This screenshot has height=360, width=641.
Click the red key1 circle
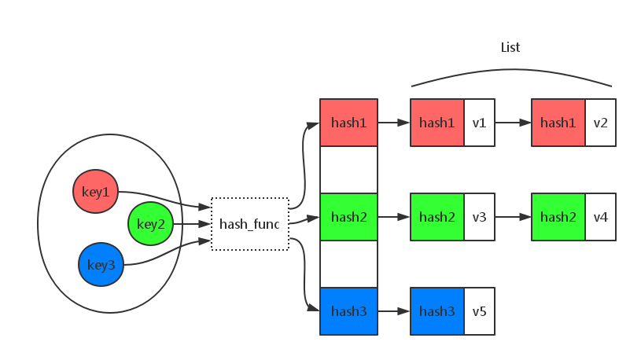(x=95, y=192)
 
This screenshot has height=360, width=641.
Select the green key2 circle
(x=150, y=224)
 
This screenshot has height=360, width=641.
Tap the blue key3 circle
(x=101, y=265)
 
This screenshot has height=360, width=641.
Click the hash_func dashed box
(x=249, y=225)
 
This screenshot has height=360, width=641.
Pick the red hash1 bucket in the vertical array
(x=348, y=123)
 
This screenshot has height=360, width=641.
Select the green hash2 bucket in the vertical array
(x=348, y=217)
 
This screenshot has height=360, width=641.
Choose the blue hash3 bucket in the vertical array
(x=348, y=311)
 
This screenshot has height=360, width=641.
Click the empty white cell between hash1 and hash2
(x=348, y=170)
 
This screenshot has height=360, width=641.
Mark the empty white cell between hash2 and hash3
(x=348, y=264)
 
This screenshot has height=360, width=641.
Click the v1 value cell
(x=479, y=123)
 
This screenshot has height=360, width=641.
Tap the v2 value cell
(x=600, y=123)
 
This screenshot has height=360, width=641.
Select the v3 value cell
(x=479, y=217)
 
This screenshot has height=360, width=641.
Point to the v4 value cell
(x=600, y=217)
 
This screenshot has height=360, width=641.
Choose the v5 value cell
(x=479, y=311)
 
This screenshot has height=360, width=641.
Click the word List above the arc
(x=510, y=47)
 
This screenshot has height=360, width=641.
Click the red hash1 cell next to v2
(x=558, y=123)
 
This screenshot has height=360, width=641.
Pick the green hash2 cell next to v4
(x=558, y=217)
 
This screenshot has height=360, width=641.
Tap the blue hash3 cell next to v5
(x=437, y=311)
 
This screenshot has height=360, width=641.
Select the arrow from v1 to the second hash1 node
(x=513, y=123)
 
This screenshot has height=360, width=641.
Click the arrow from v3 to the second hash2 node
(x=513, y=217)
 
